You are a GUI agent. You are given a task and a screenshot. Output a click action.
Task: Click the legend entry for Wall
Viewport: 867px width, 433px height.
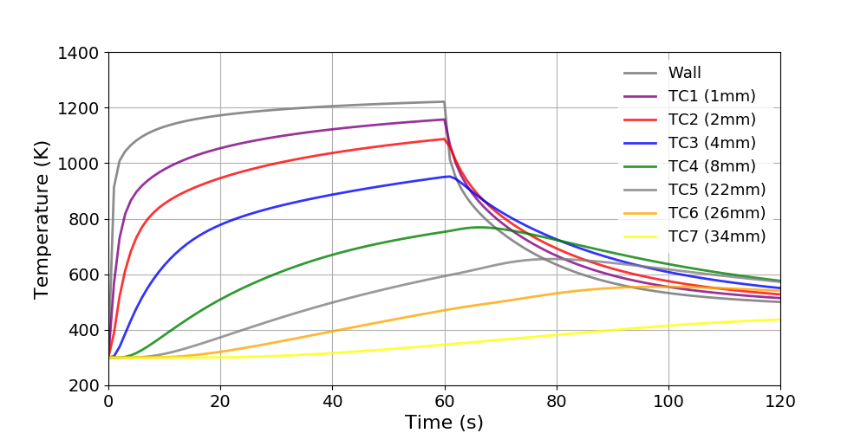coord(684,73)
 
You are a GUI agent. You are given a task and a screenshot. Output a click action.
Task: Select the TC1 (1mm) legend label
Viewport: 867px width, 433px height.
coord(711,96)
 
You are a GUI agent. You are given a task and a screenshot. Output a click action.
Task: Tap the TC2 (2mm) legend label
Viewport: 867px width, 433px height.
coord(711,120)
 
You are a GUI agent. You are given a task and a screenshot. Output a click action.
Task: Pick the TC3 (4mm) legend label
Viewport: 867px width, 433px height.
coord(711,143)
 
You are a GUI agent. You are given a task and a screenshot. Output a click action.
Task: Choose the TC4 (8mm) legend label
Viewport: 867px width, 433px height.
coord(711,166)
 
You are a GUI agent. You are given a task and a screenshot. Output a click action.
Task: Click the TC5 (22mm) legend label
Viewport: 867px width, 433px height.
coord(716,190)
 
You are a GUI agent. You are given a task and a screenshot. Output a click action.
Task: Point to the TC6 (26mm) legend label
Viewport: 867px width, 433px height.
coord(716,213)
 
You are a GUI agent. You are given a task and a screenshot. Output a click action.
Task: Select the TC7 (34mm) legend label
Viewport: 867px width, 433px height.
coord(716,236)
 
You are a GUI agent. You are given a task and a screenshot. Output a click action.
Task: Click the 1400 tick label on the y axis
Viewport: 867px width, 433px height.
coord(77,53)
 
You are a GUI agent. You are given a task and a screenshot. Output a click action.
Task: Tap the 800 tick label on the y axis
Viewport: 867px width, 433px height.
coord(83,219)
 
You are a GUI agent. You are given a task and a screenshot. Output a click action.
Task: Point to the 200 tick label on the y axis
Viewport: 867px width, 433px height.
coord(83,385)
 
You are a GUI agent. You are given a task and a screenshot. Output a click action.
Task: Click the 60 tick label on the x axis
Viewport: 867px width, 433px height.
coord(445,402)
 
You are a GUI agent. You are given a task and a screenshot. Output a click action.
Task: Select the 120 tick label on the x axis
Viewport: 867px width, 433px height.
coord(780,402)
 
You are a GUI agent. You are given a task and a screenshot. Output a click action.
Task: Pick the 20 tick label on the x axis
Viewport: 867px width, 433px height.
coord(220,402)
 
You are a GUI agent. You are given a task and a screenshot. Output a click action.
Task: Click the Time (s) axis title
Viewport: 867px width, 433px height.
coord(444,423)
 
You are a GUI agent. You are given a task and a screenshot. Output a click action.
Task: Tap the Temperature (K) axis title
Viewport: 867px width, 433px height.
coord(42,219)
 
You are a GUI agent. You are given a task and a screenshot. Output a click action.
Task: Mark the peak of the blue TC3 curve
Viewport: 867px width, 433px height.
coord(449,177)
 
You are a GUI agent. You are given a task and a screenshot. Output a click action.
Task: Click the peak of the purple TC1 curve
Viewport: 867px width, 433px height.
coord(444,120)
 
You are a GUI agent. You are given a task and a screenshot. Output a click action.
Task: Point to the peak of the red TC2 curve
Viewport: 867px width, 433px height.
coord(444,139)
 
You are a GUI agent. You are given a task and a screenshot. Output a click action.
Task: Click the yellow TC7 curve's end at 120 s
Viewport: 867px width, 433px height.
coord(780,320)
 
